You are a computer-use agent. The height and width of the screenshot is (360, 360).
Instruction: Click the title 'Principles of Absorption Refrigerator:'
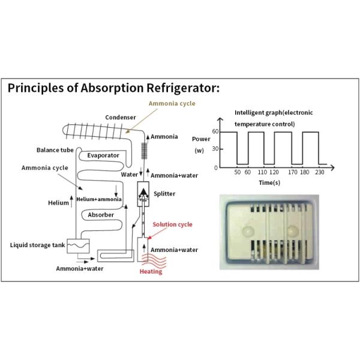tap(114, 89)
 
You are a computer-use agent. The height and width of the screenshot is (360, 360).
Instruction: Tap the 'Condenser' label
tap(122, 117)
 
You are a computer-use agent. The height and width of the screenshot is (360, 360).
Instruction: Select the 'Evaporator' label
tap(103, 155)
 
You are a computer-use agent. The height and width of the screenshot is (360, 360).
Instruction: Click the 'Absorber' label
tap(100, 214)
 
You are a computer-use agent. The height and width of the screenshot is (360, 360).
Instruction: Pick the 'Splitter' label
tap(164, 194)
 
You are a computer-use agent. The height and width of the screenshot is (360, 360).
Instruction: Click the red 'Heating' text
tap(151, 272)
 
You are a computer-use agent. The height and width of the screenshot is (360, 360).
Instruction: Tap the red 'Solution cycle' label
tap(172, 224)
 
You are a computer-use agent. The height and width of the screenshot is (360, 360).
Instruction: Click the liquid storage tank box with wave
tap(77, 245)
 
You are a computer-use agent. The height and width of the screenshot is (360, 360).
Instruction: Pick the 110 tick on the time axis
tap(262, 172)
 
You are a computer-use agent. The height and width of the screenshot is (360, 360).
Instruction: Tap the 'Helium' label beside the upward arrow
tap(58, 203)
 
